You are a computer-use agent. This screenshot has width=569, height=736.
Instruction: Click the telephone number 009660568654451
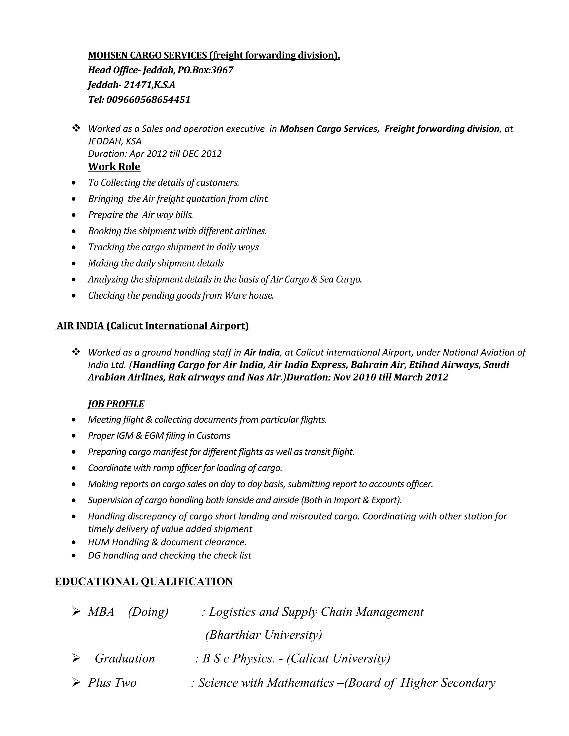(x=148, y=100)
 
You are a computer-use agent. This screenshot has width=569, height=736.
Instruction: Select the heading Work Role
(x=114, y=167)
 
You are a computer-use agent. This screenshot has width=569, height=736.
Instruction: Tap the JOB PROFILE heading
(x=116, y=404)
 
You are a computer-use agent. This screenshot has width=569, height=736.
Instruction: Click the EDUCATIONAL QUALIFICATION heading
(x=144, y=582)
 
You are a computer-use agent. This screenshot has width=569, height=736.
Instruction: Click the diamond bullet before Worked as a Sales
(x=76, y=128)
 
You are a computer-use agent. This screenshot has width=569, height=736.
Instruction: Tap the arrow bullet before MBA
(x=76, y=612)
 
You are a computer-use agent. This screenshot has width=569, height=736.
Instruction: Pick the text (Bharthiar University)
(x=264, y=635)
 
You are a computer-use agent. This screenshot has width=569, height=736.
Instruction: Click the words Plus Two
(x=112, y=682)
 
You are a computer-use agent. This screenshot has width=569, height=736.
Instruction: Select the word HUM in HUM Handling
(x=98, y=542)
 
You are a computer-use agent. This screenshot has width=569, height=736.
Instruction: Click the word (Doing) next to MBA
(x=148, y=612)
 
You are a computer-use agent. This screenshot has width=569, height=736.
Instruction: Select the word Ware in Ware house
(x=235, y=296)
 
